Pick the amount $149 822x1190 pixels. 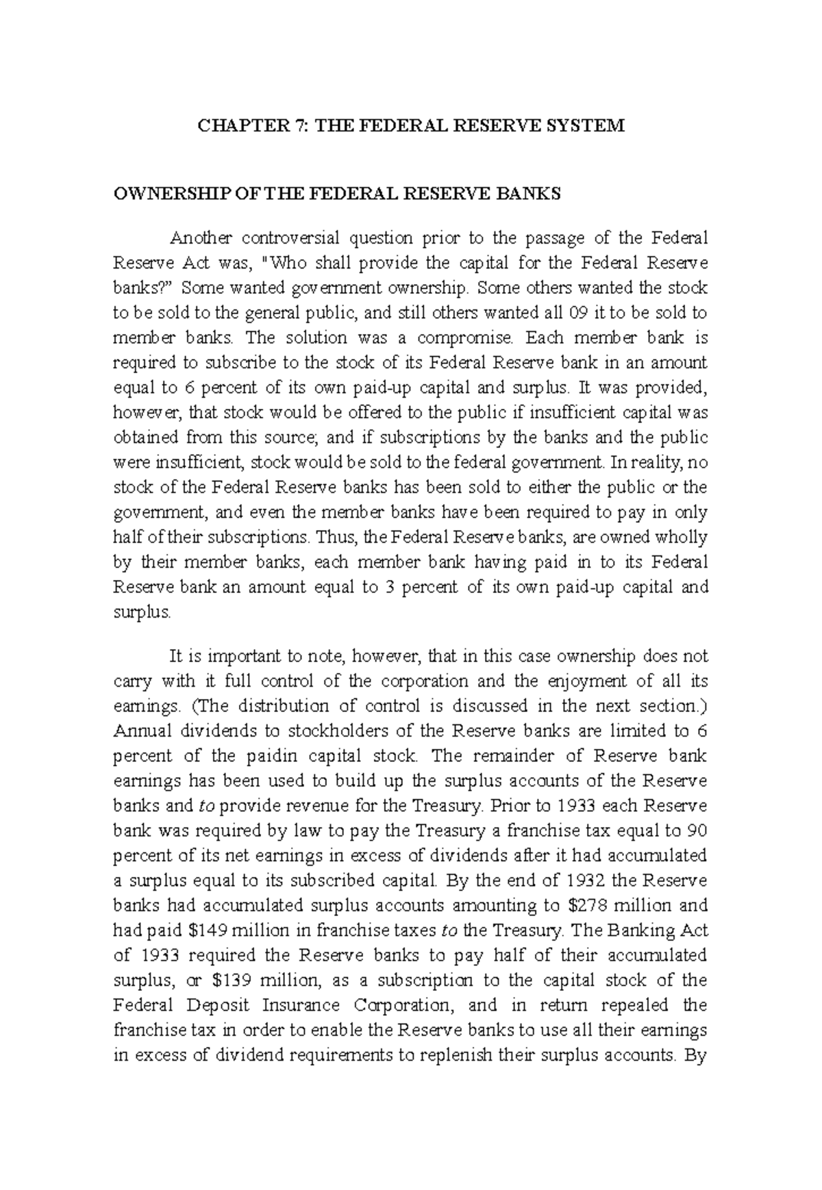pyautogui.click(x=208, y=931)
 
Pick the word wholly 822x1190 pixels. pyautogui.click(x=680, y=537)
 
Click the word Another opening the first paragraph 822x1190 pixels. pyautogui.click(x=201, y=238)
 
